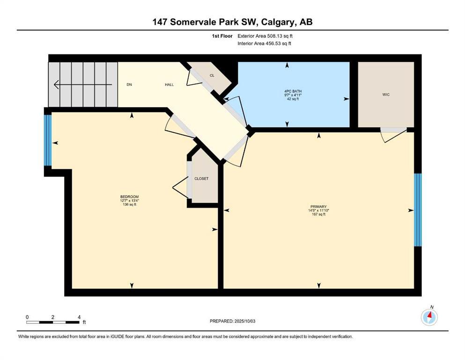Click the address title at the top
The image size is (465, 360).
tap(232, 22)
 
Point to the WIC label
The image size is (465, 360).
tap(386, 95)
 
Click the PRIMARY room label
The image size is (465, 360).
tap(318, 206)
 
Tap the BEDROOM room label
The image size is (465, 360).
tap(129, 196)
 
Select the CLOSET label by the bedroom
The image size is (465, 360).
tap(201, 179)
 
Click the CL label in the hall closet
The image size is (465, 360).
tap(212, 75)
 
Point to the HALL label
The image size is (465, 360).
tap(169, 85)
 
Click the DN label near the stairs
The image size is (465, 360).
tap(129, 85)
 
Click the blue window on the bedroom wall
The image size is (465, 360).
tap(47, 140)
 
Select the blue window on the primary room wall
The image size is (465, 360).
tap(418, 210)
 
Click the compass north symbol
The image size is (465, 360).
tap(429, 317)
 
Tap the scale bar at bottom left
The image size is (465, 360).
tap(52, 322)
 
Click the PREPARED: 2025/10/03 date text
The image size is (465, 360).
tap(232, 321)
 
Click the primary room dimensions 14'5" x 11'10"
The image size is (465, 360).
tap(318, 210)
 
